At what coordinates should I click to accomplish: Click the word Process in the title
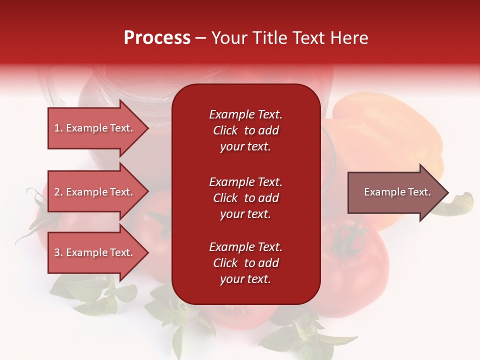pyautogui.click(x=157, y=38)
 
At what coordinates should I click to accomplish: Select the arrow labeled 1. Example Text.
pyautogui.click(x=95, y=128)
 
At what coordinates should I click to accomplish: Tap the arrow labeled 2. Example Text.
pyautogui.click(x=95, y=192)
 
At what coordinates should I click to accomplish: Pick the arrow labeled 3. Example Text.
pyautogui.click(x=95, y=252)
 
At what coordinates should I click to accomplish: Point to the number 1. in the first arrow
pyautogui.click(x=58, y=128)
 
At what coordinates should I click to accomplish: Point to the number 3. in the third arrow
pyautogui.click(x=58, y=252)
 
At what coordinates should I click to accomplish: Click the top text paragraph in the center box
pyautogui.click(x=245, y=130)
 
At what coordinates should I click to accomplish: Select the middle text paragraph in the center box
pyautogui.click(x=245, y=198)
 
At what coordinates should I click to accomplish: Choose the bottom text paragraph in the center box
pyautogui.click(x=245, y=263)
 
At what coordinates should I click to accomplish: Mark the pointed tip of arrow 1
pyautogui.click(x=147, y=128)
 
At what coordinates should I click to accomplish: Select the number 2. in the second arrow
pyautogui.click(x=58, y=192)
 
